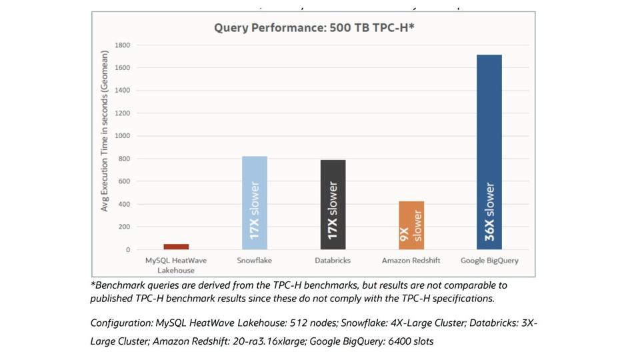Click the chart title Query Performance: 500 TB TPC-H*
pos(314,27)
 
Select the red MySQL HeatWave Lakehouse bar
pos(176,247)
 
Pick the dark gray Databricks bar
pos(333,204)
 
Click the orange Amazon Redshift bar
pos(411,225)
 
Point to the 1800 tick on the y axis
pos(122,45)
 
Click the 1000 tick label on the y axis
pos(122,136)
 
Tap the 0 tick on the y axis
pos(127,250)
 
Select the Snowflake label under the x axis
pos(254,260)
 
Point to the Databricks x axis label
pos(333,260)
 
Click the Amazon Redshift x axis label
pos(411,260)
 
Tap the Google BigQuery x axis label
pos(489,260)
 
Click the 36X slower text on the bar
pos(489,211)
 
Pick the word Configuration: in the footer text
pos(121,323)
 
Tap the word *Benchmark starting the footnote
pos(114,285)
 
